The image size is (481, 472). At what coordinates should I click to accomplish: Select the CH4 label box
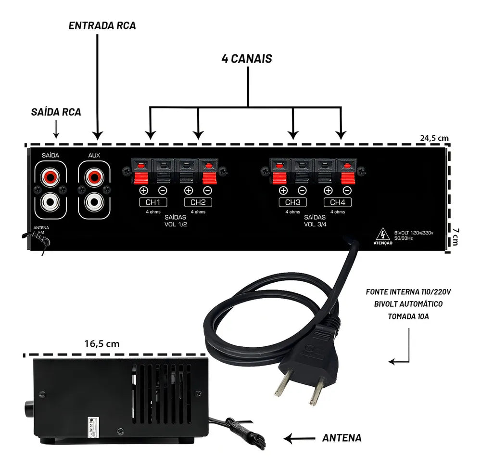pyautogui.click(x=338, y=202)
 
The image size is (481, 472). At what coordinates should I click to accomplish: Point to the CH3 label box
pyautogui.click(x=292, y=202)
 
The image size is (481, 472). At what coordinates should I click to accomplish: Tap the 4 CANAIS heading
pyautogui.click(x=247, y=59)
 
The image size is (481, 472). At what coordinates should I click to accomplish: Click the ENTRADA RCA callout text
pyautogui.click(x=102, y=26)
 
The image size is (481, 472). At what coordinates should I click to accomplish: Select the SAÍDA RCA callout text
pyautogui.click(x=56, y=112)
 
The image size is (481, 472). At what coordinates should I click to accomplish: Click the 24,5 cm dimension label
pyautogui.click(x=434, y=138)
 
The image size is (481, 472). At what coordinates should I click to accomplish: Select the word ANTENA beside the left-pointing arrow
pyautogui.click(x=341, y=438)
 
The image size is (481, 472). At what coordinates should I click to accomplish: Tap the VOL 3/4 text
pyautogui.click(x=316, y=224)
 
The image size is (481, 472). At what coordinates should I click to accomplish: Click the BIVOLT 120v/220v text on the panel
pyautogui.click(x=414, y=233)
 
